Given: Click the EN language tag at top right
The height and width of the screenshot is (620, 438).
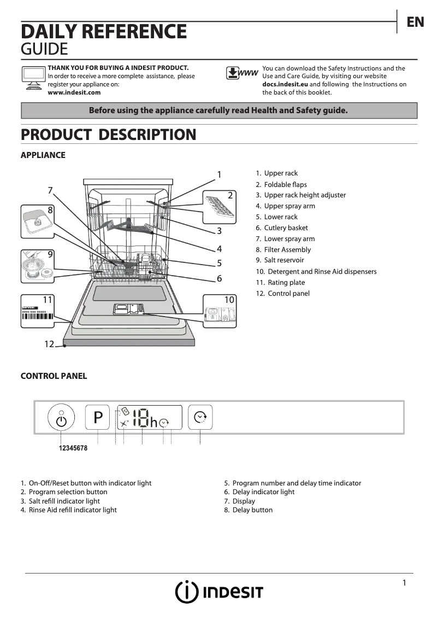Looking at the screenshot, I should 415,22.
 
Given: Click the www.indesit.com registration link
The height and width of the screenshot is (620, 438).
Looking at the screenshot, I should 74,92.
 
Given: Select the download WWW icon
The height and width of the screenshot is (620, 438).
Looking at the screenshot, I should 242,73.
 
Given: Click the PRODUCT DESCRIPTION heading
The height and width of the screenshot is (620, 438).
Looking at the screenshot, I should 108,134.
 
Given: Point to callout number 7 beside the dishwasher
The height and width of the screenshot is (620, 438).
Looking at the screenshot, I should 50,190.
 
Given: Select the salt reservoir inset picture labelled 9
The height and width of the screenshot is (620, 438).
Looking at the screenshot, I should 37,266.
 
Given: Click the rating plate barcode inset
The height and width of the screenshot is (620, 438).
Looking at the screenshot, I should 37,314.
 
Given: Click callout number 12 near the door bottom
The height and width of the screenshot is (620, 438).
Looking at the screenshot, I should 49,344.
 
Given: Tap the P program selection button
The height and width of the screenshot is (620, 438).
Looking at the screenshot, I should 98,418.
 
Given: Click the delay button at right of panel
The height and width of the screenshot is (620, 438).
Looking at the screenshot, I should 200,418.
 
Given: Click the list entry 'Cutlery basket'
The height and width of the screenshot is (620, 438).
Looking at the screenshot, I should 286,228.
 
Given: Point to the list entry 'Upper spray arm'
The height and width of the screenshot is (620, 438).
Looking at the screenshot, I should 289,206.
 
